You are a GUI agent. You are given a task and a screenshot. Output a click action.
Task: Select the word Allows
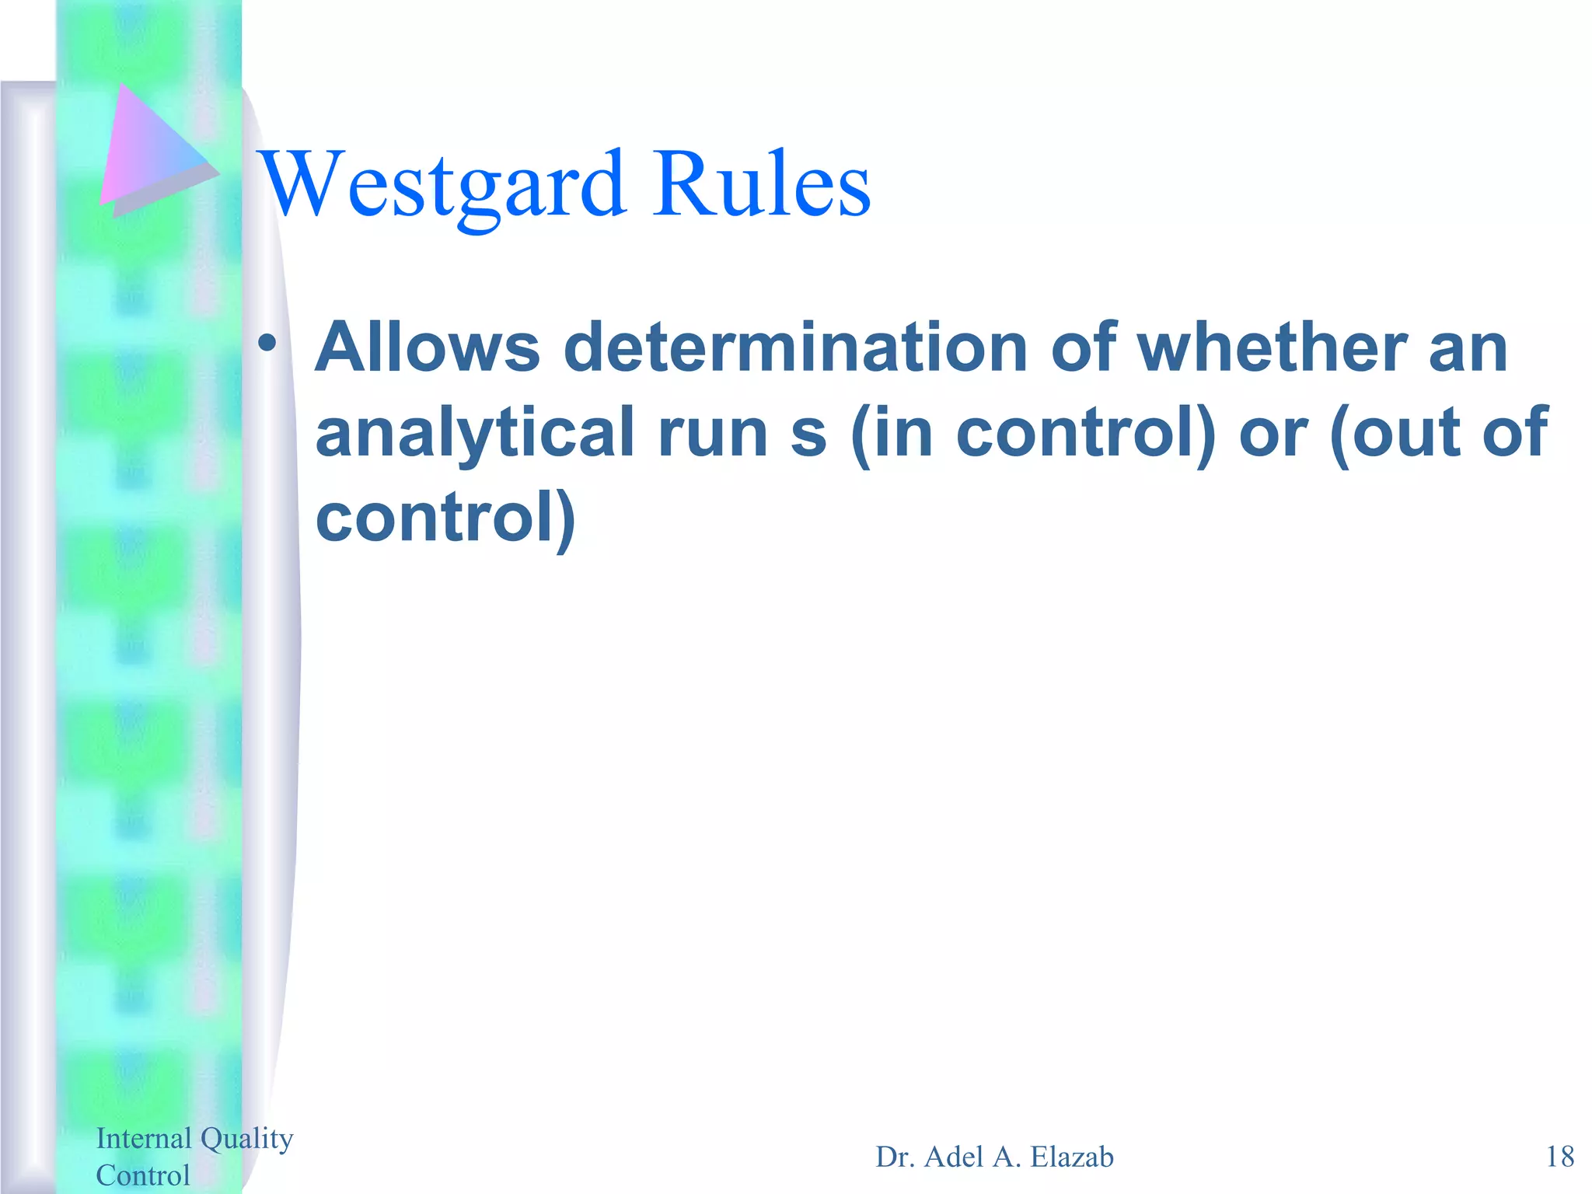428,347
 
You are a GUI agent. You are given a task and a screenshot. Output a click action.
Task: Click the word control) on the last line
445,518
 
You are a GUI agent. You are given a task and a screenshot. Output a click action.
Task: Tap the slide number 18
1559,1157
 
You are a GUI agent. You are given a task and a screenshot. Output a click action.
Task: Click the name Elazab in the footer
1072,1157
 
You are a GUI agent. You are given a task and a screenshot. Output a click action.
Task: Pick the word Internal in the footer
144,1138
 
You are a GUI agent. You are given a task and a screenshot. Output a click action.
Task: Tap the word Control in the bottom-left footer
143,1175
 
